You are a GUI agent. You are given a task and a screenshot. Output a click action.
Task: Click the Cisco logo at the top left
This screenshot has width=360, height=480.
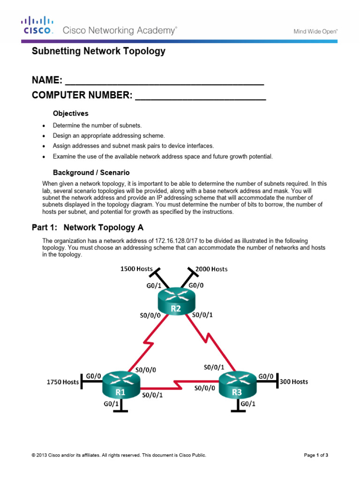[x=38, y=26]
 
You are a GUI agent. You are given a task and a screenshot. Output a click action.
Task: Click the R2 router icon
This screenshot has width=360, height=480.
[x=176, y=302]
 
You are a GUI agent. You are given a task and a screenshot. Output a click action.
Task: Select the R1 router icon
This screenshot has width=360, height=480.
[x=121, y=386]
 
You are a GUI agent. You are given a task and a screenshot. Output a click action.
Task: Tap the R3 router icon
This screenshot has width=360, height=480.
[x=238, y=386]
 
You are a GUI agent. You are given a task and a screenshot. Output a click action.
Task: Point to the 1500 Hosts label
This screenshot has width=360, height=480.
[x=137, y=269]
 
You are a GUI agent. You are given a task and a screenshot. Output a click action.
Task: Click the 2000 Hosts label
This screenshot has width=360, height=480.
[x=211, y=269]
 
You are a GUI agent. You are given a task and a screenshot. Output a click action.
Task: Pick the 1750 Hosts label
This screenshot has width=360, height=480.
[x=62, y=382]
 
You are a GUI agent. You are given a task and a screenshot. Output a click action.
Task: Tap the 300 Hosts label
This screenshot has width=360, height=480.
[x=294, y=382]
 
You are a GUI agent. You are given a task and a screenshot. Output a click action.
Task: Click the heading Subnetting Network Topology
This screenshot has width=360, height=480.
[x=98, y=52]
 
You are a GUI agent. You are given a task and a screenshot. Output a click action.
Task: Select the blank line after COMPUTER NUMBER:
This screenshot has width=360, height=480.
[x=201, y=97]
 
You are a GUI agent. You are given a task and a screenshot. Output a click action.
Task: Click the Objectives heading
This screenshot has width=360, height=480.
[x=70, y=113]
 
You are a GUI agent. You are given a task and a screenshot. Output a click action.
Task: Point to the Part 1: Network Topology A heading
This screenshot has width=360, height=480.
[x=88, y=228]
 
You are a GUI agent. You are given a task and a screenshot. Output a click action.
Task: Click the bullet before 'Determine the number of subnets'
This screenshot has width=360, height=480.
[x=44, y=126]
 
